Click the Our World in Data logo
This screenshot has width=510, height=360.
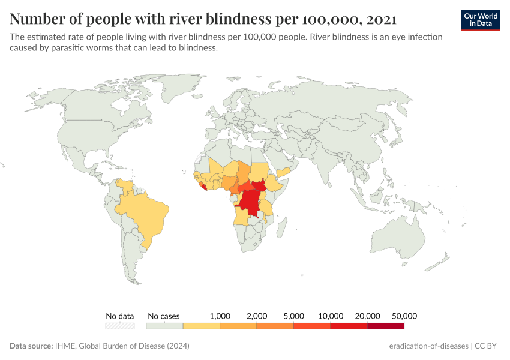481,20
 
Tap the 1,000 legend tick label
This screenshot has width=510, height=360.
220,316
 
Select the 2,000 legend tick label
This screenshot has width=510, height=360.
257,316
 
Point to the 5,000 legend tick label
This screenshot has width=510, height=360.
294,316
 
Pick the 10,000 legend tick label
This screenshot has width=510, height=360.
331,316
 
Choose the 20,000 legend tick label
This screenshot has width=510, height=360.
368,316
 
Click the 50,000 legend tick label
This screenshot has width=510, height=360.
404,316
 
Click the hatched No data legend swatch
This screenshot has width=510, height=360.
119,326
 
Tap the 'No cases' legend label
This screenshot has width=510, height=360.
163,316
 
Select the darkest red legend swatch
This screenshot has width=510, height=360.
386,326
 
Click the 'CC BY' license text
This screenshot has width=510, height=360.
488,346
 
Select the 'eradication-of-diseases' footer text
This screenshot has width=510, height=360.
428,346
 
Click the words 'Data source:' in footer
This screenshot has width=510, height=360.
31,346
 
